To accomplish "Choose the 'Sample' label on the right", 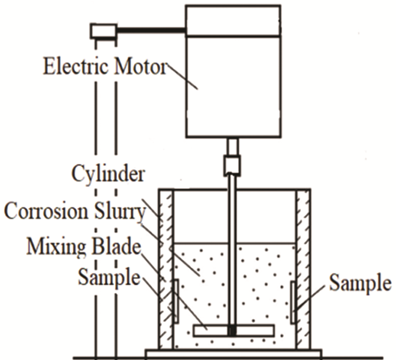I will coord(359,283).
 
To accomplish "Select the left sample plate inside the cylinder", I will coord(175,301).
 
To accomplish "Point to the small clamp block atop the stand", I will coord(103,30).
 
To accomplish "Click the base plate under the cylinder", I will coord(233,353).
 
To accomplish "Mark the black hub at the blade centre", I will coord(232,331).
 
